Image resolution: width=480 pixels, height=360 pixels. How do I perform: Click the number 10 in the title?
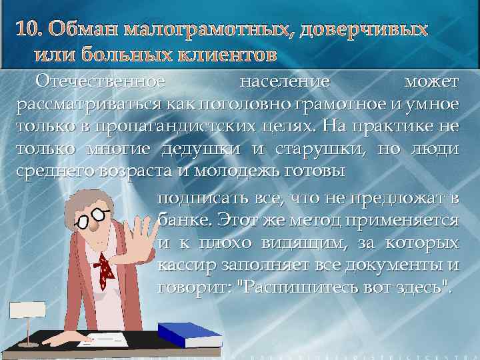coord(27,30)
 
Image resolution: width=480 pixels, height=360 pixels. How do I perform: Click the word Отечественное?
coord(100,82)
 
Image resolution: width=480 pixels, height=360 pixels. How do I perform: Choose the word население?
coord(285,82)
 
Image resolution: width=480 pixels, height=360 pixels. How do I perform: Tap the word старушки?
coord(323,148)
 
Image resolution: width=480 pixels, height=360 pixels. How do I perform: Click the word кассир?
coord(184,266)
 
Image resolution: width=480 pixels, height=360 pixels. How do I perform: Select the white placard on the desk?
coord(27,311)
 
